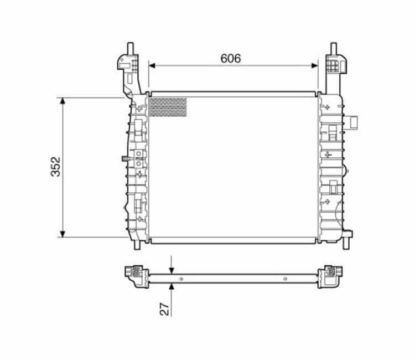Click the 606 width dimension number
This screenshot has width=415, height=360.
pos(231,59)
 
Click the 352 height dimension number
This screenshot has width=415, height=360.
pos(56,167)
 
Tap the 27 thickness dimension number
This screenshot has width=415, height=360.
pos(164,309)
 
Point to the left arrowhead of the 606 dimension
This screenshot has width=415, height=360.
pos(152,65)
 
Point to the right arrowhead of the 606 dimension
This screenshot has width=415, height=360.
pos(315,65)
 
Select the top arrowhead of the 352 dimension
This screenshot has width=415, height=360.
pos(63,101)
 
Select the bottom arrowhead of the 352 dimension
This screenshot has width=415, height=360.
pos(63,234)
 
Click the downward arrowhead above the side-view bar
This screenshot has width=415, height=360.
pos(172,270)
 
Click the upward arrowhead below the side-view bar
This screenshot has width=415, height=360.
pos(172,287)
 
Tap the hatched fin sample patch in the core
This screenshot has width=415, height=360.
pos(168,107)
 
